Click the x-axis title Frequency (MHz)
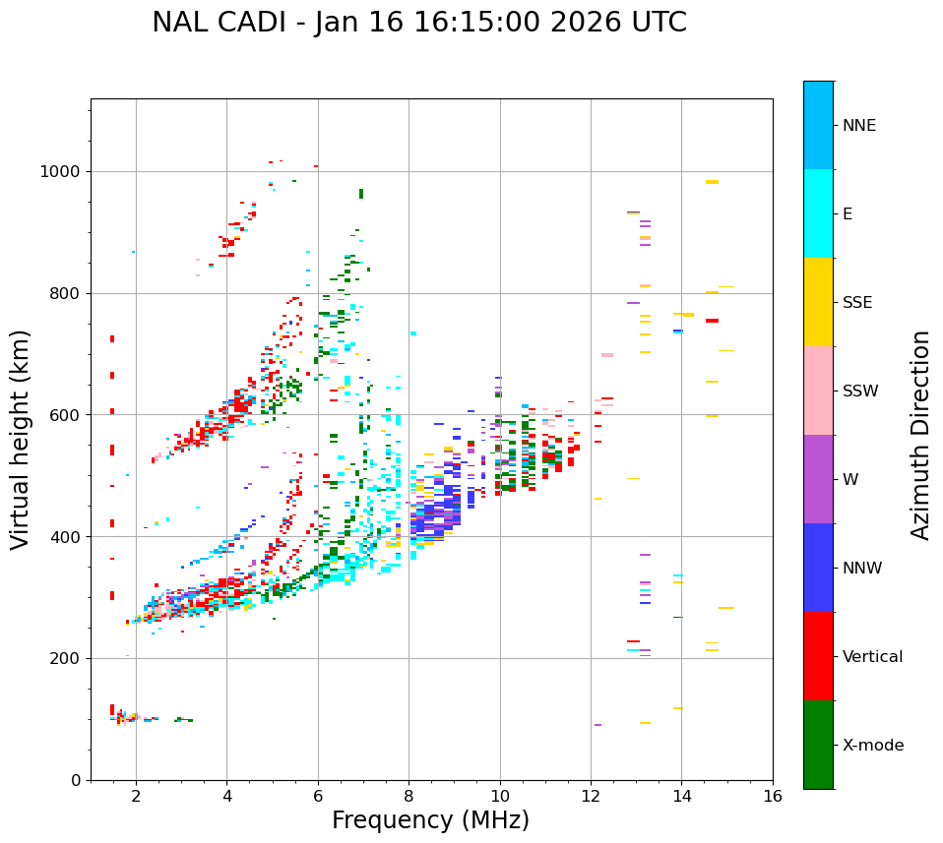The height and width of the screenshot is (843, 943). coord(430,820)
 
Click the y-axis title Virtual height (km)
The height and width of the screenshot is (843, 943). coord(21,440)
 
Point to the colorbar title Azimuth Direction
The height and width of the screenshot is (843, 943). coord(920,435)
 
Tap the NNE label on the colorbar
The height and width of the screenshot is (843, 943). coord(858,126)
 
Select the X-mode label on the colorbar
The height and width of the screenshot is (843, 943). coord(872,746)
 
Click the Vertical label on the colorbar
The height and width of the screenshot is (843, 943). coord(872,657)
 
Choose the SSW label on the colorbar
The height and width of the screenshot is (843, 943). coord(860,391)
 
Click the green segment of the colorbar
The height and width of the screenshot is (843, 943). coord(818,745)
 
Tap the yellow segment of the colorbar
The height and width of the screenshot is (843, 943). coord(818,302)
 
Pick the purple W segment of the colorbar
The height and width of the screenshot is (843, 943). coord(818,479)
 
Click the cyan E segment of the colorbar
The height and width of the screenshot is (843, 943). coord(818,213)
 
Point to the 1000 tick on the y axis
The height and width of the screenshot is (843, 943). coord(61,172)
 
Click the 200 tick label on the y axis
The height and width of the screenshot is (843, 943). coord(66,658)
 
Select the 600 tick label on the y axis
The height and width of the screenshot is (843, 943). coord(66,415)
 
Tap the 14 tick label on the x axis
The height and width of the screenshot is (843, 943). coord(681,796)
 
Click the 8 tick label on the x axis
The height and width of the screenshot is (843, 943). coord(409,796)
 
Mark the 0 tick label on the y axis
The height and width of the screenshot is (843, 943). coord(75,780)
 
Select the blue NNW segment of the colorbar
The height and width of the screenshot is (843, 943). coord(818,568)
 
